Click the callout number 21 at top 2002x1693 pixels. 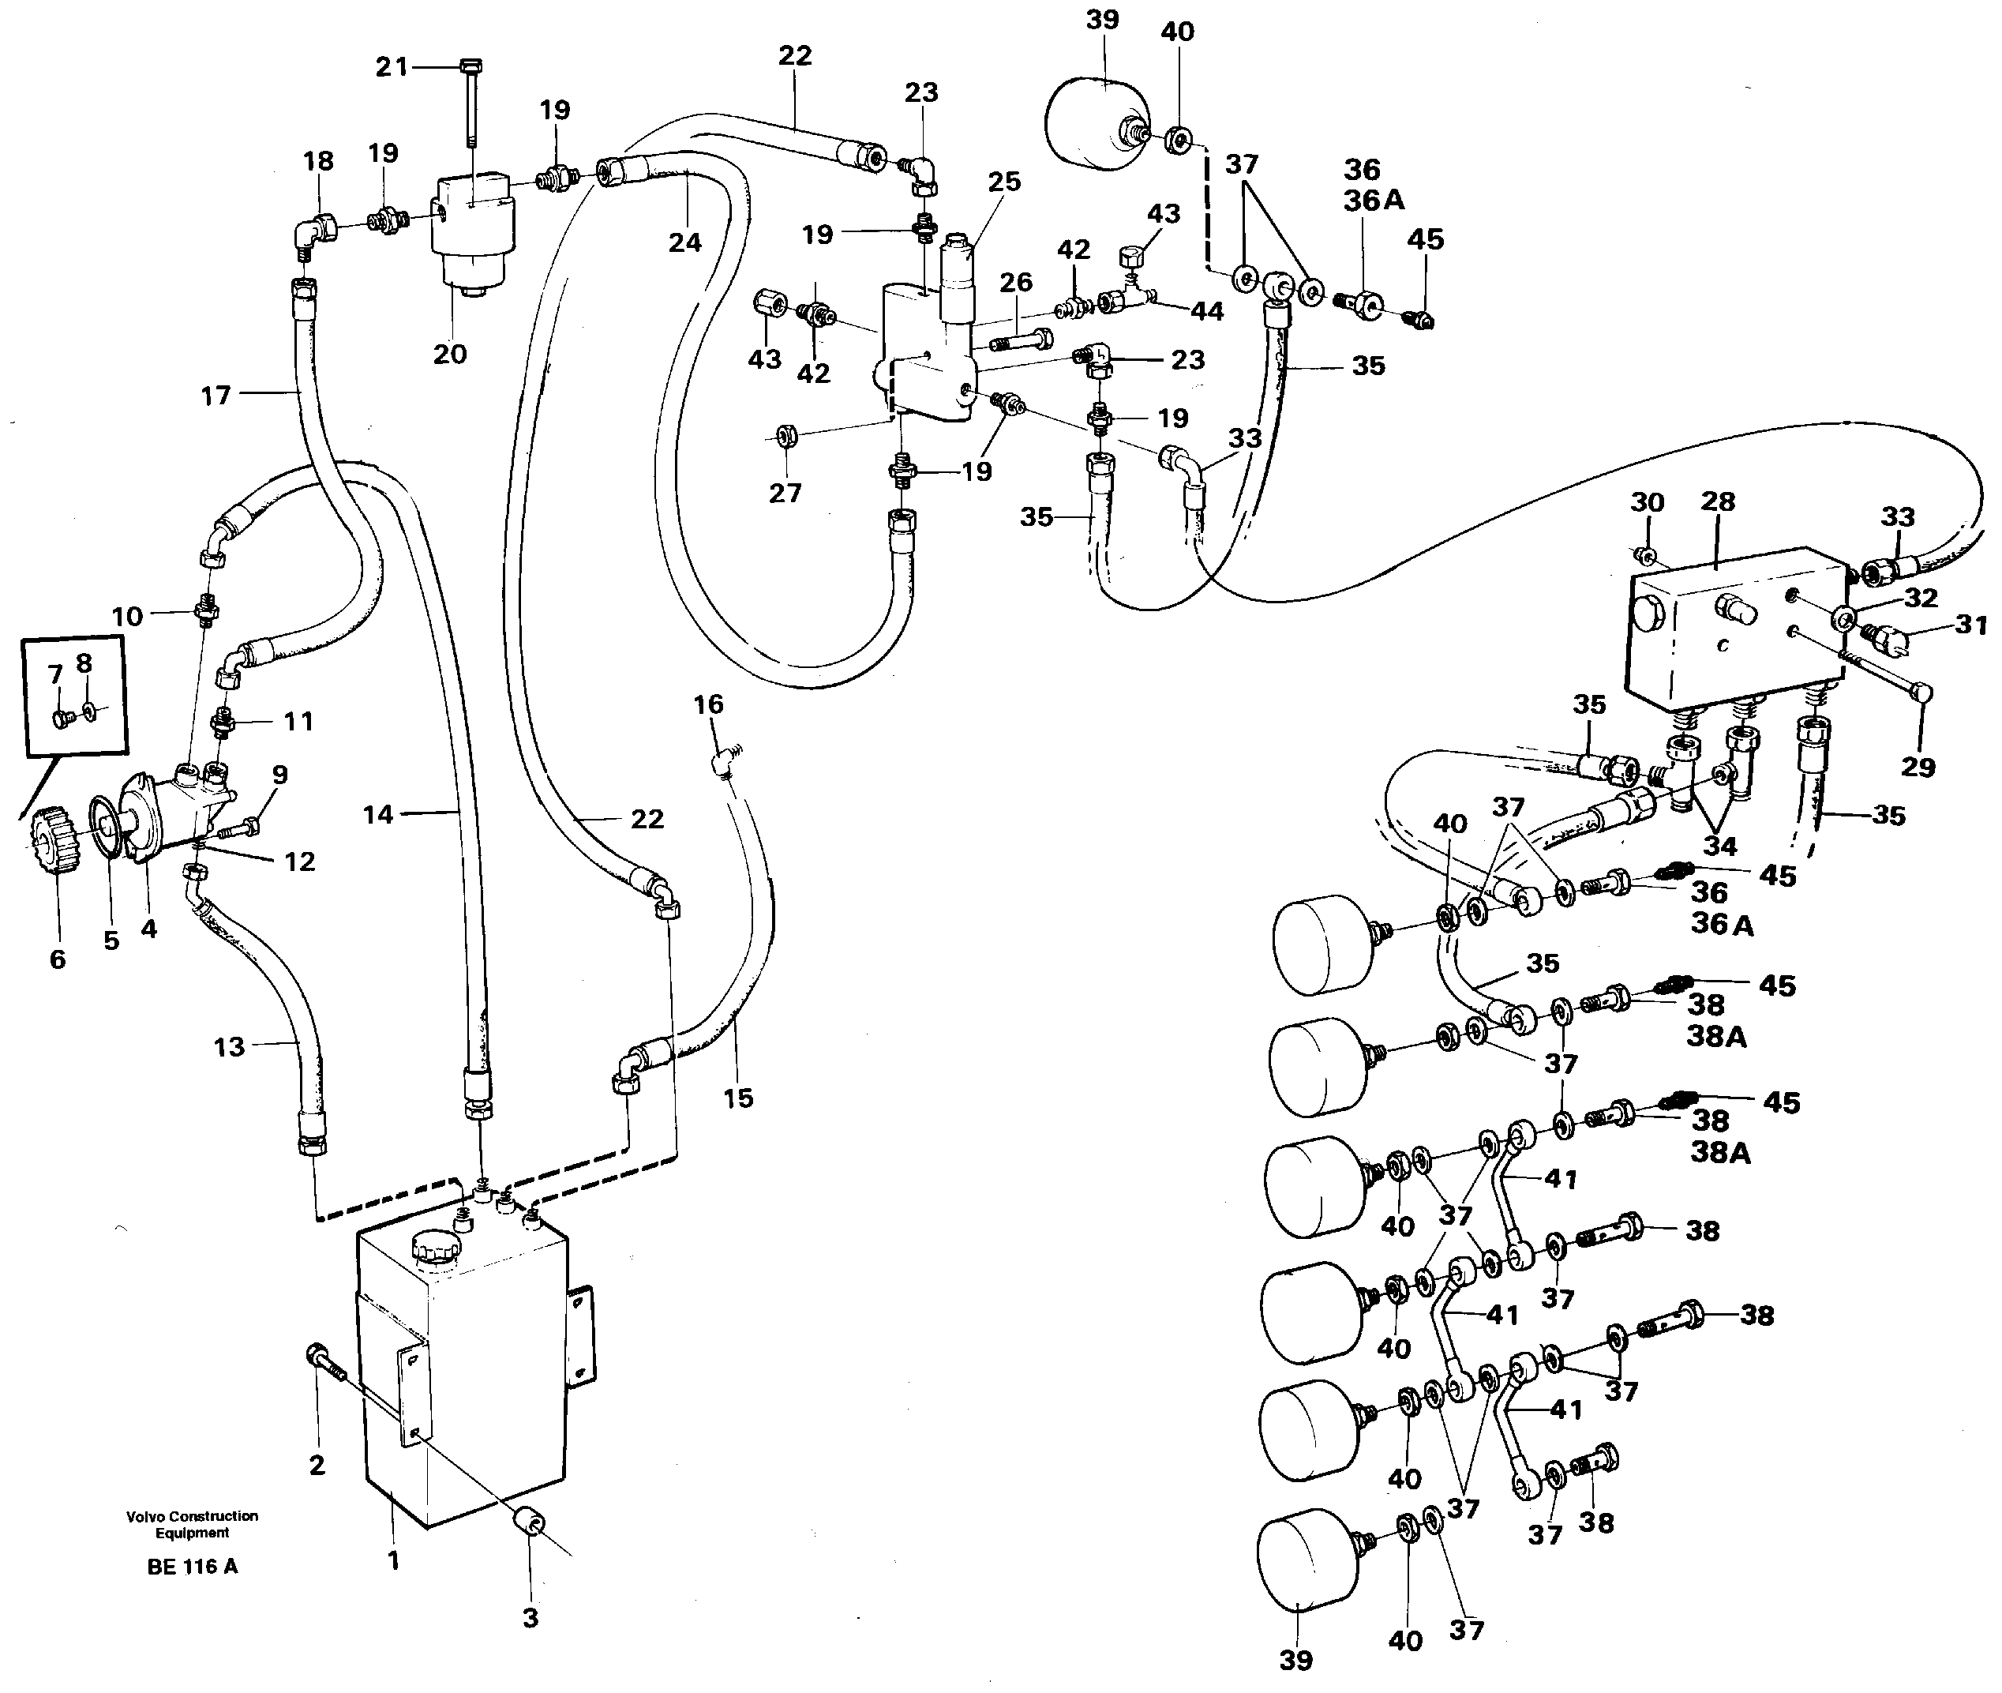pyautogui.click(x=391, y=67)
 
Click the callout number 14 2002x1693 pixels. pyautogui.click(x=378, y=815)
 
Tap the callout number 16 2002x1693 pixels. pyautogui.click(x=708, y=704)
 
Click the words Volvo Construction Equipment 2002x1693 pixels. pyautogui.click(x=192, y=1524)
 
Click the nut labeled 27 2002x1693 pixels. pyautogui.click(x=785, y=437)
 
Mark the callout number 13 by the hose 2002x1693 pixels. pyautogui.click(x=228, y=1046)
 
